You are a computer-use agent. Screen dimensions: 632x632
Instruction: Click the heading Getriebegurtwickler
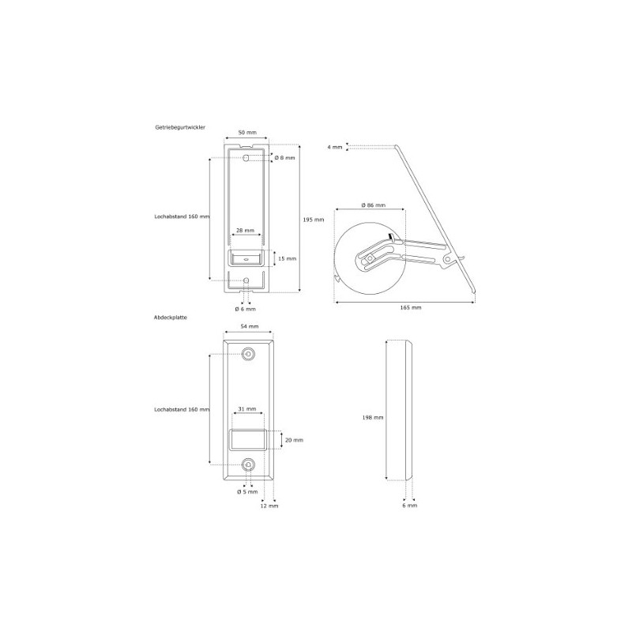pos(180,127)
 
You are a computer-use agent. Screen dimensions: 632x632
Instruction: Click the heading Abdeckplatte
pos(171,318)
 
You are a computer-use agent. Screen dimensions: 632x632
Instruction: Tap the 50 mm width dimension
pos(247,133)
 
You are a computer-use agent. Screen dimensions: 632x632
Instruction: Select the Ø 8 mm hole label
pos(285,157)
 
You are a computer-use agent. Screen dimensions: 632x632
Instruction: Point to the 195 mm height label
pos(313,220)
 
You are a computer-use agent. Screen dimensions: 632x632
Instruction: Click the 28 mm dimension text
pos(246,231)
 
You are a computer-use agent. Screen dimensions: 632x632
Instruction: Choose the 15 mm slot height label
pos(288,258)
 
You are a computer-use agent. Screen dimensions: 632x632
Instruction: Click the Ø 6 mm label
pos(245,309)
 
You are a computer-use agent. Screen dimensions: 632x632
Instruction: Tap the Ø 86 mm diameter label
pos(373,205)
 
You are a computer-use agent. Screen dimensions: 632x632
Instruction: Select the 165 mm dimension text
pos(411,307)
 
